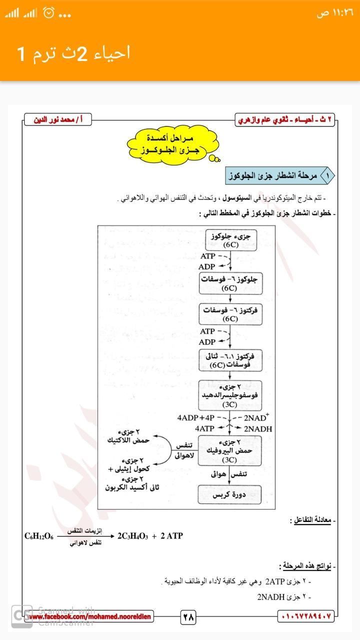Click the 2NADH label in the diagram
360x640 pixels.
click(x=257, y=429)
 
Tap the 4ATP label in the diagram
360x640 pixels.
click(x=204, y=429)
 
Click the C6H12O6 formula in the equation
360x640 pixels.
click(x=39, y=536)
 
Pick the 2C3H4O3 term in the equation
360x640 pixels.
click(x=132, y=536)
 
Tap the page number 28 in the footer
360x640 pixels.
click(x=188, y=617)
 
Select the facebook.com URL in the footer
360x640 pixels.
click(x=90, y=617)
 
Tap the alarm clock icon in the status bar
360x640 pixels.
click(x=48, y=13)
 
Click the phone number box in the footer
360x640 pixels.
click(x=305, y=617)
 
